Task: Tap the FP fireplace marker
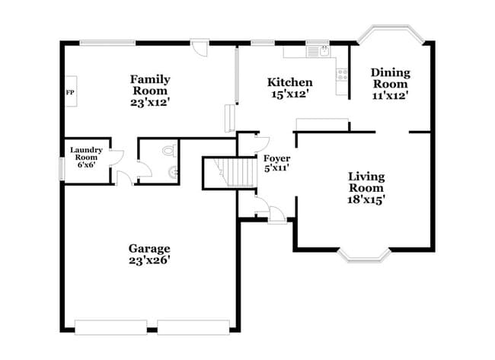(x=70, y=92)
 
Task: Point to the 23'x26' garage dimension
(x=148, y=260)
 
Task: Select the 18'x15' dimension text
(x=366, y=199)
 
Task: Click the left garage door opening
(x=110, y=327)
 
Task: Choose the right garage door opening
(x=193, y=327)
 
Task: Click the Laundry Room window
(x=62, y=168)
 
